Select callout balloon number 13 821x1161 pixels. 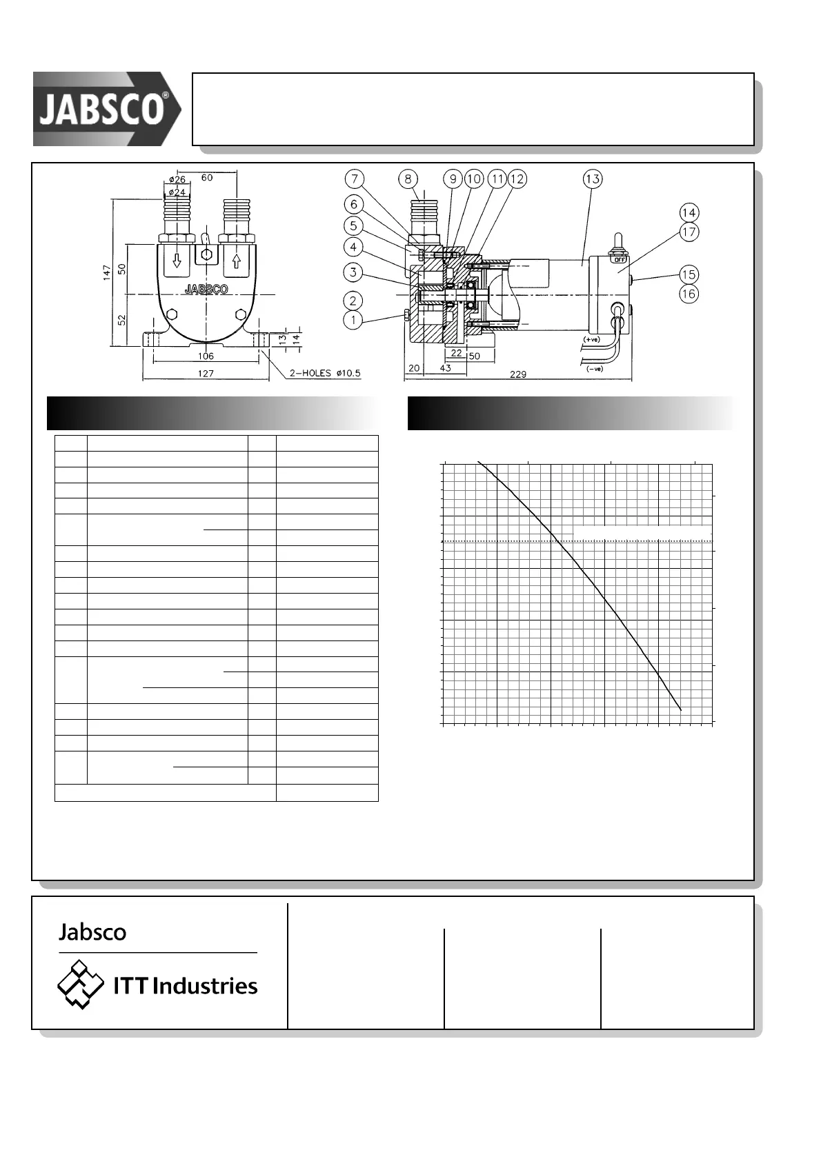[x=592, y=179]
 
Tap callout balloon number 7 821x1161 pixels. [x=354, y=179]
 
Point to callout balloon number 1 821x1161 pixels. [x=353, y=320]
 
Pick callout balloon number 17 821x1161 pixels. [x=689, y=232]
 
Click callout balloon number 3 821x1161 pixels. [x=353, y=272]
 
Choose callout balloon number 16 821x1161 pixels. [x=689, y=294]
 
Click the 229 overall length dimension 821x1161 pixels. [x=517, y=374]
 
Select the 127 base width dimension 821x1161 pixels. [x=206, y=374]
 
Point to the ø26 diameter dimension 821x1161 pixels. [x=177, y=179]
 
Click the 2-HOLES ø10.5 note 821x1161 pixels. [x=324, y=374]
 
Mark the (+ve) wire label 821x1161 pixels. [x=591, y=339]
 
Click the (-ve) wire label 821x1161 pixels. [x=594, y=369]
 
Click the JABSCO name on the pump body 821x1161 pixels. [x=206, y=289]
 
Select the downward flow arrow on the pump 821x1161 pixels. [x=177, y=261]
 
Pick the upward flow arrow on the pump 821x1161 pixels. [x=237, y=261]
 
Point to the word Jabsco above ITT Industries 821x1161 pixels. [x=92, y=932]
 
